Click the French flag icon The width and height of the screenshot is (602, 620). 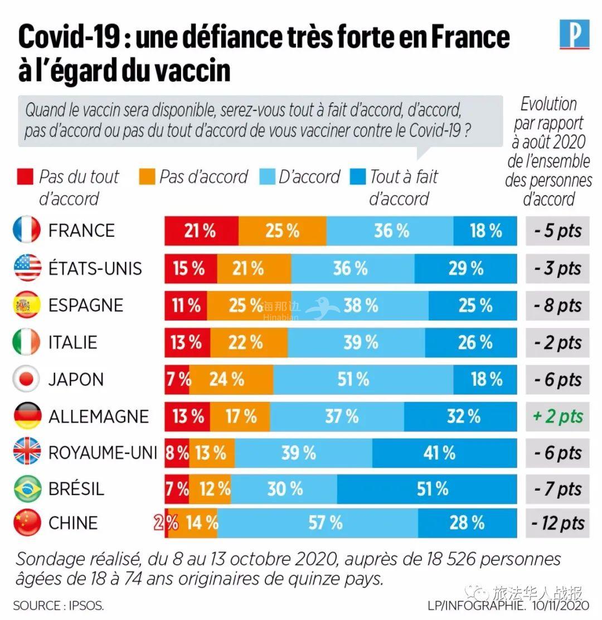coord(26,230)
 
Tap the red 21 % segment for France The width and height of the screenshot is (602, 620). coord(201,230)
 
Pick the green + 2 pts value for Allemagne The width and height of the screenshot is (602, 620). coord(557,416)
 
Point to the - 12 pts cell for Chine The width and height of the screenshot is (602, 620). coord(557,523)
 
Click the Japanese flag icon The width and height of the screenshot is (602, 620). coord(26,380)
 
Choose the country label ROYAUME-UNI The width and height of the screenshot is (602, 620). coord(103,453)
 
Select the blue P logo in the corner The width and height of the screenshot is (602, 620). coord(574,35)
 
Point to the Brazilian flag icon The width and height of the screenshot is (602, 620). coord(26,489)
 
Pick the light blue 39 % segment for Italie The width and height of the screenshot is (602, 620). coord(357,342)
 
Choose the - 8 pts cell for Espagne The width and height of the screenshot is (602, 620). coord(557,306)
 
